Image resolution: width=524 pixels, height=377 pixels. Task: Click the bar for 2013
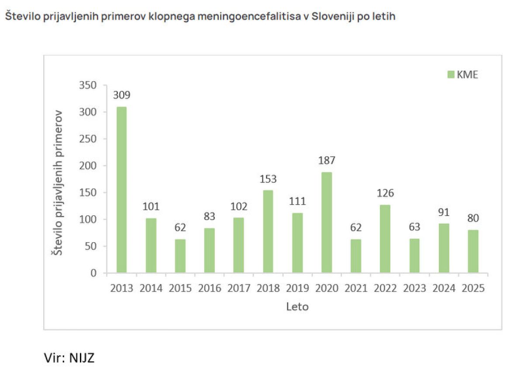(x=121, y=189)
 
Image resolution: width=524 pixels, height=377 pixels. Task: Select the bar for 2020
(x=327, y=222)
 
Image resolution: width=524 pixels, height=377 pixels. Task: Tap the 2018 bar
(x=268, y=231)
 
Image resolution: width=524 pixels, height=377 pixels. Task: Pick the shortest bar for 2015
(x=180, y=256)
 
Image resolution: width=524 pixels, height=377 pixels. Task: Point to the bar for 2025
(x=473, y=251)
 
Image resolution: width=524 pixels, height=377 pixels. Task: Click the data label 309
(x=122, y=95)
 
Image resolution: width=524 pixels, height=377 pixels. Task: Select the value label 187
(x=327, y=161)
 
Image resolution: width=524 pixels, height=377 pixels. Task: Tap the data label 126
(x=385, y=193)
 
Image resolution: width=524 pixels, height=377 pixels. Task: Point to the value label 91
(x=444, y=212)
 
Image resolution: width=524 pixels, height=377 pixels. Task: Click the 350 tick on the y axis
(x=88, y=86)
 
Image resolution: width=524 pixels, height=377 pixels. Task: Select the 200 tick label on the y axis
(x=88, y=166)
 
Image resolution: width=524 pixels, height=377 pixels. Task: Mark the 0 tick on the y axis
(x=93, y=273)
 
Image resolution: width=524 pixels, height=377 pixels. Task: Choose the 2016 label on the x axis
(x=209, y=288)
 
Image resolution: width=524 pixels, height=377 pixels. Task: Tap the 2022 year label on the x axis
(x=385, y=288)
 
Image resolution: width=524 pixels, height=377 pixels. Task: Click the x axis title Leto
(x=297, y=307)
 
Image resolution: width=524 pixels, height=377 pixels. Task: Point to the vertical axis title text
(x=57, y=183)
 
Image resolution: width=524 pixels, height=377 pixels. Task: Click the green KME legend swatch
(x=451, y=75)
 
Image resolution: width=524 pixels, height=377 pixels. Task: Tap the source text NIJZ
(x=82, y=358)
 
